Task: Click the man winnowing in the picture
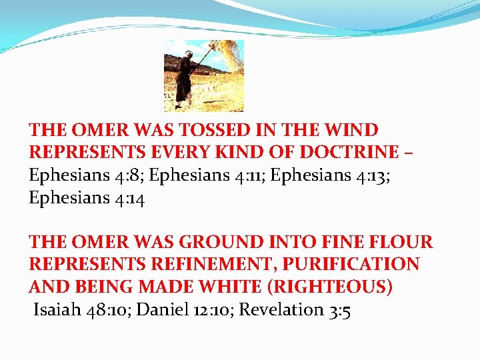[x=184, y=77]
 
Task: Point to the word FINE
[x=341, y=242]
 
